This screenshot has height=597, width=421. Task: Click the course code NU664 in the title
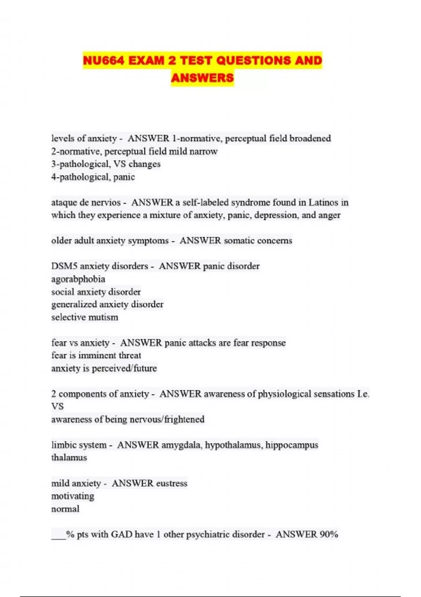point(103,61)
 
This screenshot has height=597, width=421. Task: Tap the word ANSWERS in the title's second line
point(202,78)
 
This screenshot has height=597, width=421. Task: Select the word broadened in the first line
point(310,138)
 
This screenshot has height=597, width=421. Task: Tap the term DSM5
point(64,266)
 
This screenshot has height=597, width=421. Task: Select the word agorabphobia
point(78,279)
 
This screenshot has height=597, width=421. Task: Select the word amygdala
point(181,445)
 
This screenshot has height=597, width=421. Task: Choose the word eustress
point(172,483)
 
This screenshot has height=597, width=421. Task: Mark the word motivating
point(73,496)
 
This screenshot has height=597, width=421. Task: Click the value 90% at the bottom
point(329,534)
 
